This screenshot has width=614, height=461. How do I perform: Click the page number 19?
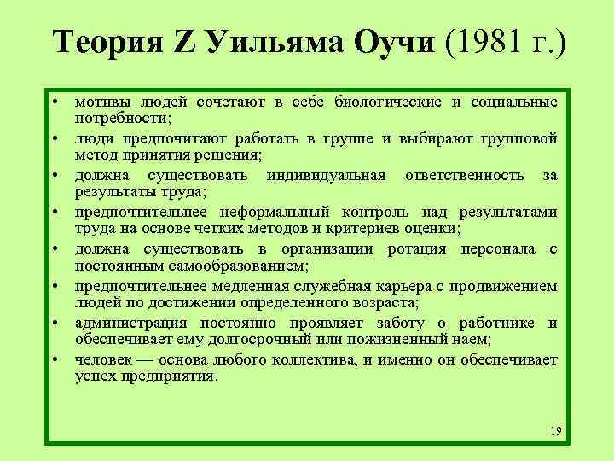pos(556,430)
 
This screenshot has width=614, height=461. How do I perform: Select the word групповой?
pos(522,139)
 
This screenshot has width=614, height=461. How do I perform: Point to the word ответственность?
pos(472,176)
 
